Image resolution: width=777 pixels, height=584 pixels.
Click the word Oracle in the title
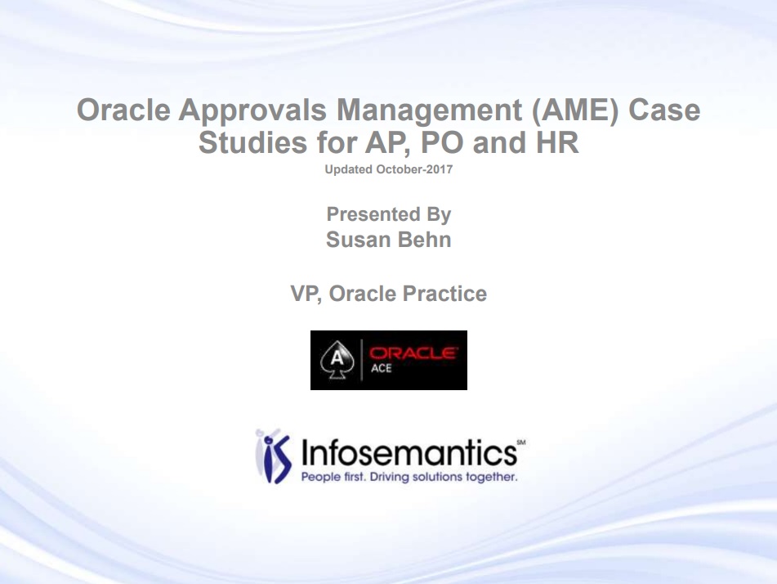pos(123,110)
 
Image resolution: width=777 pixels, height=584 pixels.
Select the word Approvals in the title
pos(252,111)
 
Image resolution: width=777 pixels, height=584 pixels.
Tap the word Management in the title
pos(429,111)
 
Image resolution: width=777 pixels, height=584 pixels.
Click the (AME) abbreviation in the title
pos(575,110)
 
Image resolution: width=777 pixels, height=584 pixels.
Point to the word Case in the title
pos(664,110)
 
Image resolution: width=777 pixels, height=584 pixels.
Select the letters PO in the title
pos(442,143)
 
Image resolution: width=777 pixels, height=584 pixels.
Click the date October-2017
pos(414,169)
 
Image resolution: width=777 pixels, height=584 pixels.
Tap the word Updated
pos(348,169)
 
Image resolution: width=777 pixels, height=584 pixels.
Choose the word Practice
pos(444,294)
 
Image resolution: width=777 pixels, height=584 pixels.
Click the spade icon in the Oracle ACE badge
pos(337,360)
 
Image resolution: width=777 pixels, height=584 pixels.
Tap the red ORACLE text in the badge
pos(413,353)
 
